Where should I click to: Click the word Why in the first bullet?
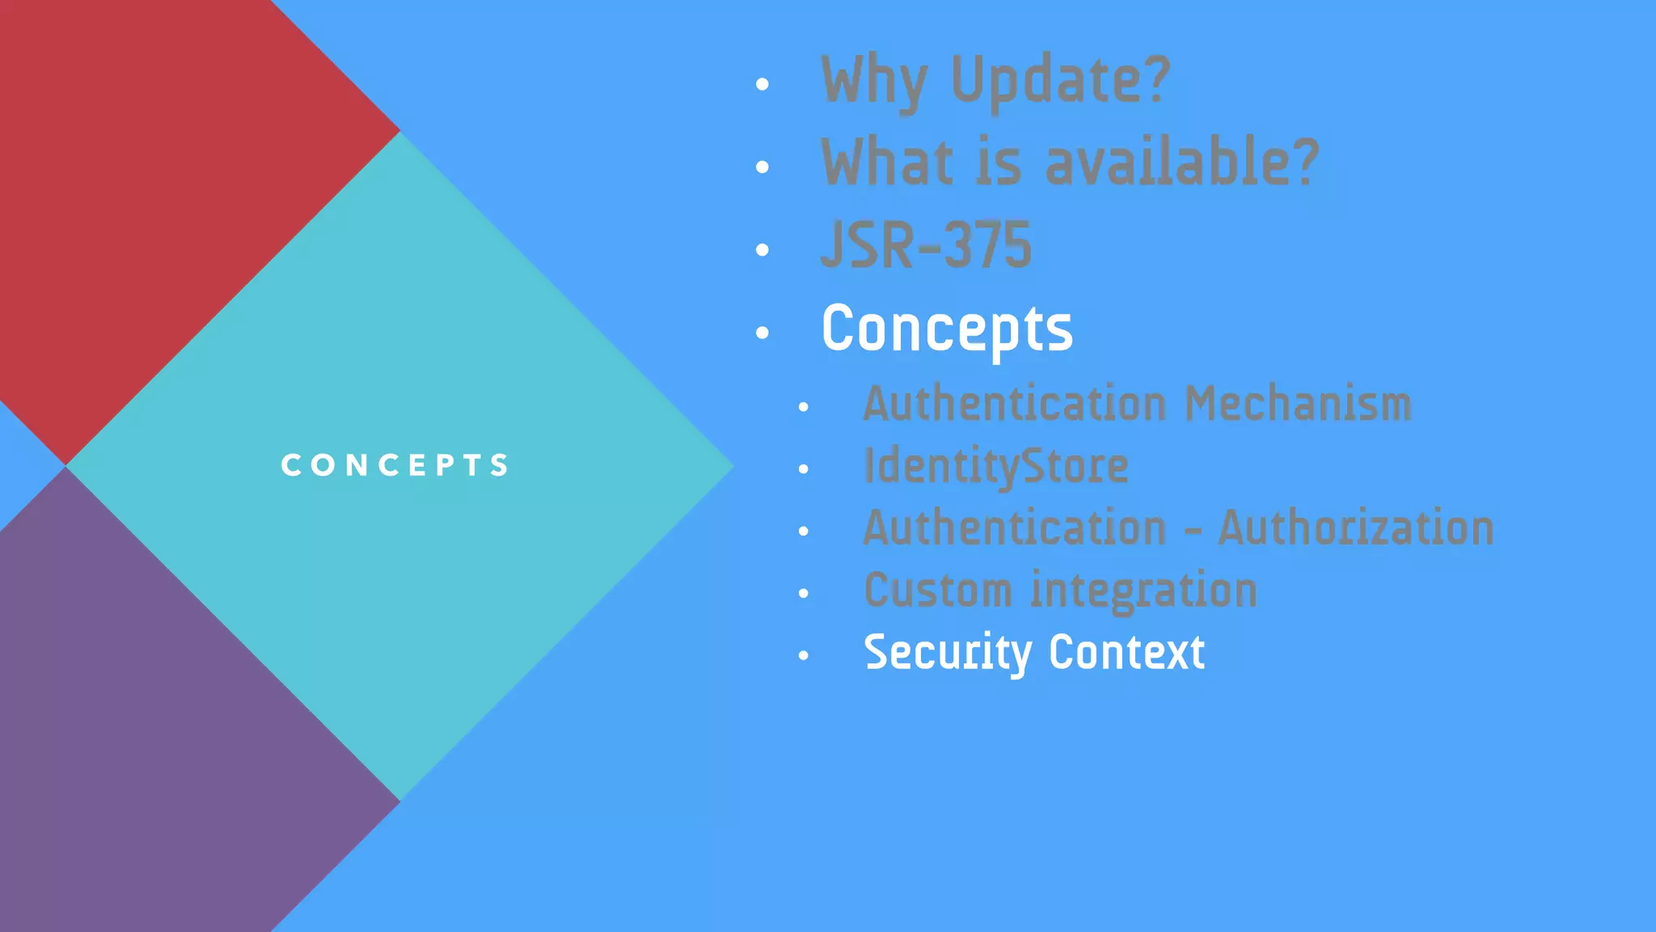pyautogui.click(x=873, y=81)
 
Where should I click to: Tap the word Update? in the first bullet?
pyautogui.click(x=1060, y=81)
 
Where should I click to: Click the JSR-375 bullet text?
pyautogui.click(x=926, y=246)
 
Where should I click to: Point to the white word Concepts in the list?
pyautogui.click(x=947, y=329)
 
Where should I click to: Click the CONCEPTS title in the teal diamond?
pyautogui.click(x=395, y=465)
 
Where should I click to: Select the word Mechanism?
pyautogui.click(x=1298, y=404)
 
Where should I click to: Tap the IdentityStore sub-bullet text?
pyautogui.click(x=995, y=467)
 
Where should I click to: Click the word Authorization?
pyautogui.click(x=1356, y=528)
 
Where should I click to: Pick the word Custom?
pyautogui.click(x=937, y=591)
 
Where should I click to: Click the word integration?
pyautogui.click(x=1143, y=591)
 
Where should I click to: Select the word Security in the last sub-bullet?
pyautogui.click(x=948, y=653)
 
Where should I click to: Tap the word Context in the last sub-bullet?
pyautogui.click(x=1126, y=653)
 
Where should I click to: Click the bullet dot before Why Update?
pyautogui.click(x=762, y=84)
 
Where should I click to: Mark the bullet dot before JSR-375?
pyautogui.click(x=762, y=250)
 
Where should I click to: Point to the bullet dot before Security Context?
pyautogui.click(x=803, y=656)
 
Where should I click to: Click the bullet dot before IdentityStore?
pyautogui.click(x=803, y=469)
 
